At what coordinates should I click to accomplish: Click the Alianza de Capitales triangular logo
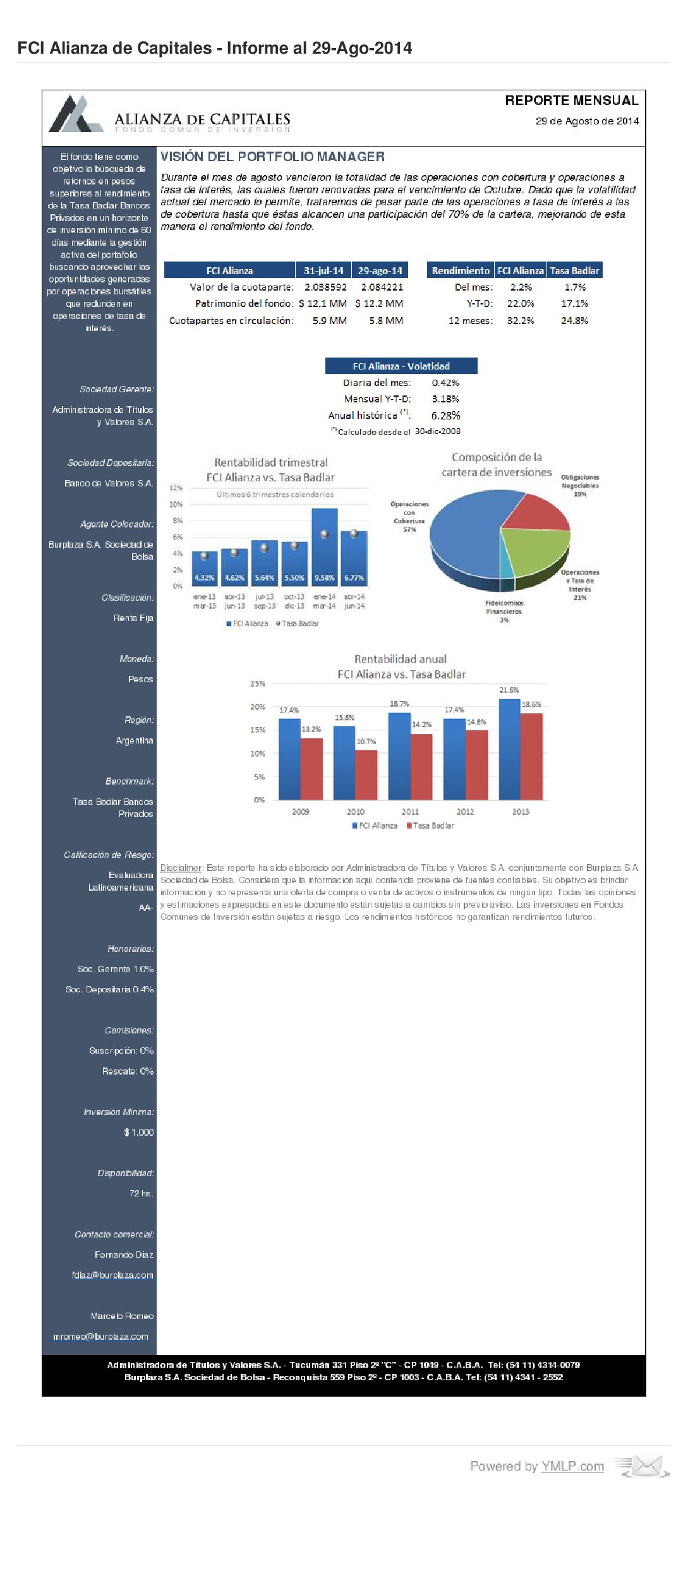75,114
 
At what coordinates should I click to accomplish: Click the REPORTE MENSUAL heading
571,100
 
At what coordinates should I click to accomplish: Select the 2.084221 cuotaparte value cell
382,287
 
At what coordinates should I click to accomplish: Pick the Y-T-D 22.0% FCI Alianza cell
521,303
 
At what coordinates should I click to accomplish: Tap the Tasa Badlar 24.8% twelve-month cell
574,320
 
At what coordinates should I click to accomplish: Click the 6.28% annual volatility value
445,416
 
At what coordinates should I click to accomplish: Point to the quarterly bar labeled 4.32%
204,569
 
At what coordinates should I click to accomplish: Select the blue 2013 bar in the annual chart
509,749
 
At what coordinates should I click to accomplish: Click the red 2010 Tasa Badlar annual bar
366,774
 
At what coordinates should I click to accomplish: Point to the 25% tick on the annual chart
258,683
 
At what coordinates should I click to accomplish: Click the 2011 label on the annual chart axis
410,812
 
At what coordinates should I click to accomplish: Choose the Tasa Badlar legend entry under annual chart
430,826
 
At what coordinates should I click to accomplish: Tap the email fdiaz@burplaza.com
112,1275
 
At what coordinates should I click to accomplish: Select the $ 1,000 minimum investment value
139,1133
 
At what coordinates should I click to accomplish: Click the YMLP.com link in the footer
572,1466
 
